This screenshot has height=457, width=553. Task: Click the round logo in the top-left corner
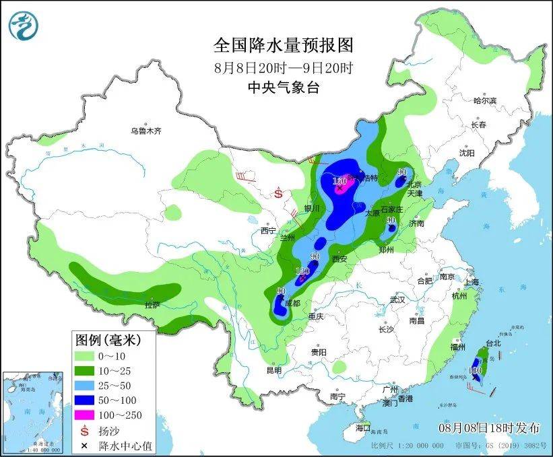pyautogui.click(x=24, y=25)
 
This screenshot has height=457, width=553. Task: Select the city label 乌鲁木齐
pyautogui.click(x=146, y=131)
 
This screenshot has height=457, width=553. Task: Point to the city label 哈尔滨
pyautogui.click(x=484, y=101)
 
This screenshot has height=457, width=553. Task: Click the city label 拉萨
pyautogui.click(x=152, y=305)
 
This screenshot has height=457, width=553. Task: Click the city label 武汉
pyautogui.click(x=397, y=300)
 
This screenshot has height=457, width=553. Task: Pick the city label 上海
pyautogui.click(x=471, y=282)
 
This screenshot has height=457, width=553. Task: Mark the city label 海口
pyautogui.click(x=363, y=427)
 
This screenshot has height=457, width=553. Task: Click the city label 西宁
pyautogui.click(x=269, y=231)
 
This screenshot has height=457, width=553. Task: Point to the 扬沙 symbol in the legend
pyautogui.click(x=85, y=429)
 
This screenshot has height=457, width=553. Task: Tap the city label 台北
pyautogui.click(x=493, y=343)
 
